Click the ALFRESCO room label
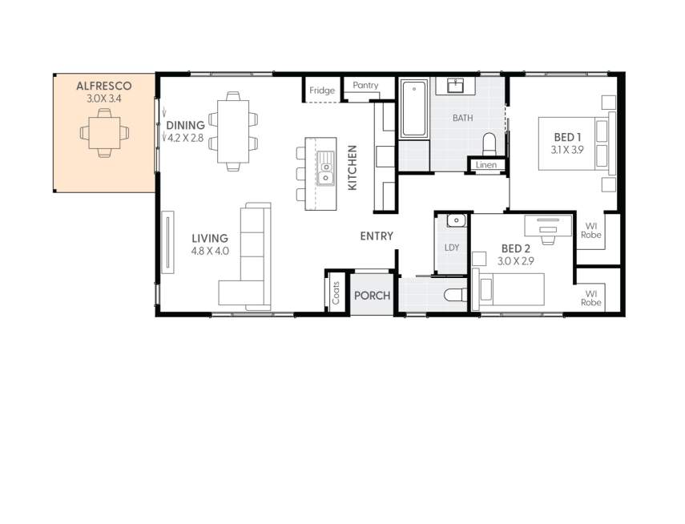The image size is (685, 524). tap(103, 86)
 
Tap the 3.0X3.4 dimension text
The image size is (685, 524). tap(103, 99)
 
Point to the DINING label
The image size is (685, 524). tap(185, 125)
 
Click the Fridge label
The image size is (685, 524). tap(322, 91)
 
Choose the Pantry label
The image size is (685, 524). tap(365, 85)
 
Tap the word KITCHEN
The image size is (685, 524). tap(352, 167)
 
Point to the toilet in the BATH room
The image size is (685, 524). tap(490, 143)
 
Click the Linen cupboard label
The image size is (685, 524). tap(486, 165)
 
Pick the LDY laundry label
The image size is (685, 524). tap(452, 247)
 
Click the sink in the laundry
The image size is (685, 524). tap(455, 220)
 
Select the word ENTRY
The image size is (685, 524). tap(377, 236)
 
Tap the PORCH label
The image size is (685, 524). tap(372, 296)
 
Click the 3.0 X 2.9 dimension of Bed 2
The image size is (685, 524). tap(517, 260)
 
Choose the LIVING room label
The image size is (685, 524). tap(210, 238)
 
